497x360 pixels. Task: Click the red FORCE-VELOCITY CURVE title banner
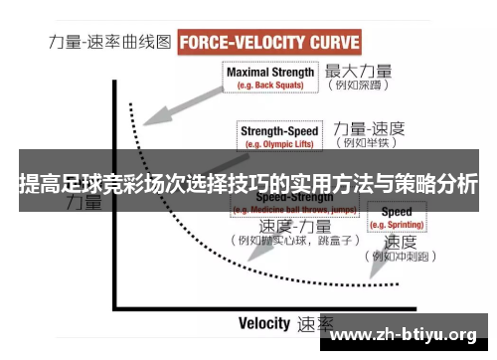coord(269,43)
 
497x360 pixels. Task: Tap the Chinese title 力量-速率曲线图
coord(110,44)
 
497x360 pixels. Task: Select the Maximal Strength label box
coord(270,78)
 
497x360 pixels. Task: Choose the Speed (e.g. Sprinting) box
coord(397,218)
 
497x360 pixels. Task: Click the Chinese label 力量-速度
coord(370,128)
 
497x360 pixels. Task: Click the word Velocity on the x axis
coord(264,323)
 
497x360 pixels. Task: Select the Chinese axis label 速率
coord(315,324)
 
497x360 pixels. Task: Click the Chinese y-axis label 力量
coord(83,204)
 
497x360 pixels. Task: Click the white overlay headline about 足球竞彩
coord(248,184)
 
